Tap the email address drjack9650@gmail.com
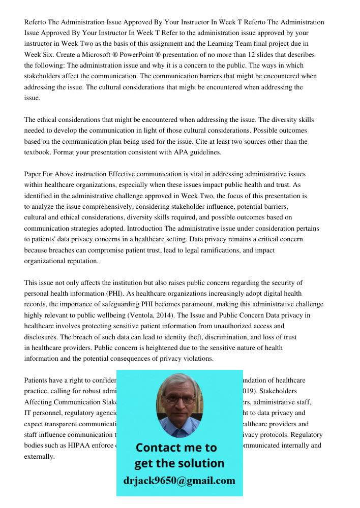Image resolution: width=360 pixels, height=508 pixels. click(x=179, y=481)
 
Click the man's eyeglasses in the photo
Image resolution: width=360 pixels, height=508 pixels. click(x=179, y=400)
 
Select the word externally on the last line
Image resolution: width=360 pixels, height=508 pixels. click(x=39, y=457)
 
